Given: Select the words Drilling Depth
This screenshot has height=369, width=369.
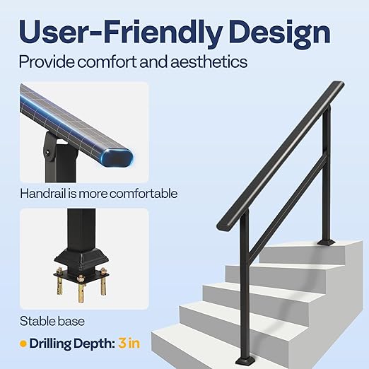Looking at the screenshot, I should pyautogui.click(x=73, y=343).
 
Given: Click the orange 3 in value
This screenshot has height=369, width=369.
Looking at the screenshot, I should pyautogui.click(x=129, y=343).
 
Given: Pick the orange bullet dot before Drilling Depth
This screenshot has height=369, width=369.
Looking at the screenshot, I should pyautogui.click(x=23, y=344).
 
